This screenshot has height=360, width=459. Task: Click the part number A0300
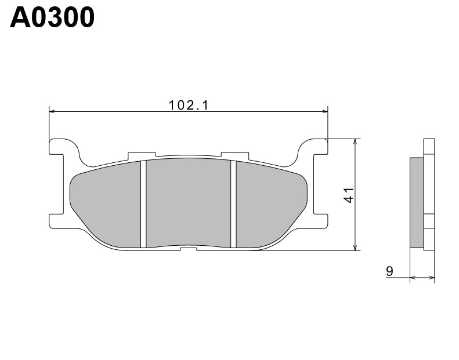(52, 17)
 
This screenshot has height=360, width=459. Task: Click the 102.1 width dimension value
(188, 106)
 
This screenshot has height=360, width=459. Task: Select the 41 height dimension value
(349, 195)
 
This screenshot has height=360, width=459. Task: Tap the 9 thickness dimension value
(389, 271)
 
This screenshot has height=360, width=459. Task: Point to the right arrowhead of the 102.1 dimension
(325, 110)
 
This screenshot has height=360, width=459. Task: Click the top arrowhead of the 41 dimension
(355, 142)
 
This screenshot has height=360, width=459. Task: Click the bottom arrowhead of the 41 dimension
(355, 248)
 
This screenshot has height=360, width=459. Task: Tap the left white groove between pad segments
(143, 203)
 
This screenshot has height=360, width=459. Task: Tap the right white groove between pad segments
(234, 203)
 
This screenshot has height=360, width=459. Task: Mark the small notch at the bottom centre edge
(189, 249)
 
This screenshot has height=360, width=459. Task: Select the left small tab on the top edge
(141, 155)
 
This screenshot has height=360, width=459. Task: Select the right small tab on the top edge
(236, 155)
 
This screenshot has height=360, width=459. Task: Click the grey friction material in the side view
(417, 201)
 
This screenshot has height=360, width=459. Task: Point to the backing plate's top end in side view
(429, 146)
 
